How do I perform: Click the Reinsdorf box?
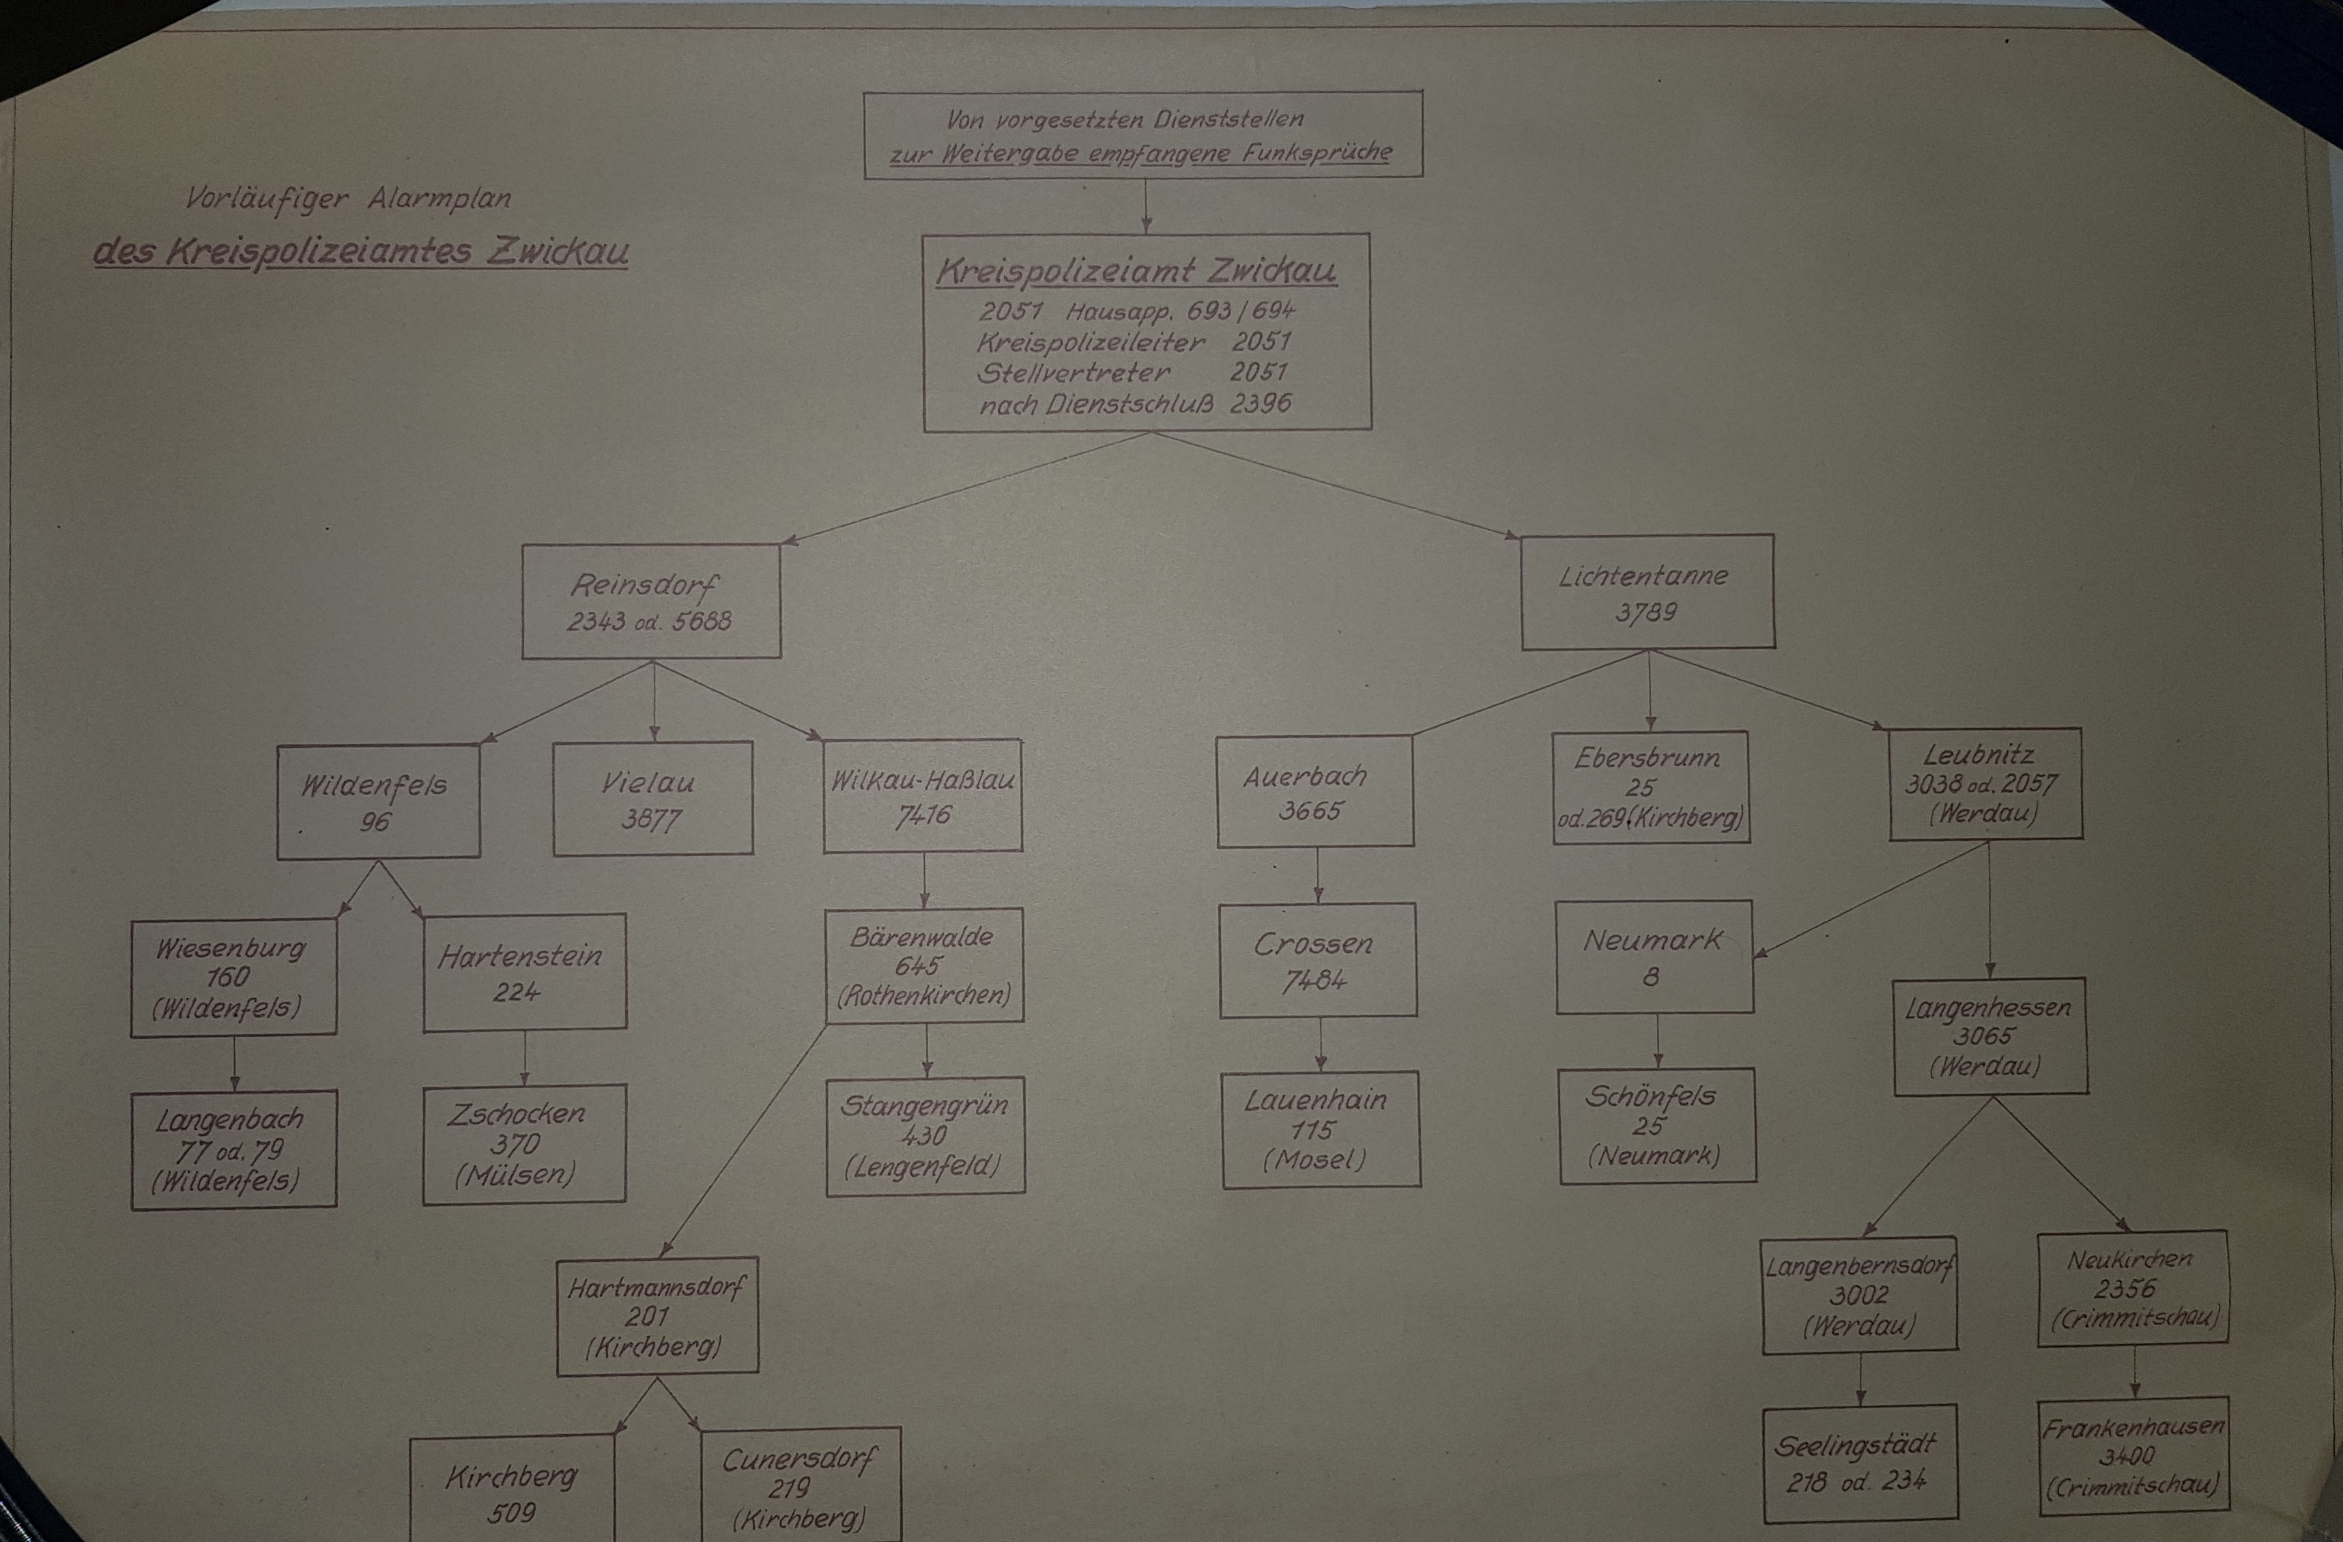coord(650,601)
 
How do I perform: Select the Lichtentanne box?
coord(1648,592)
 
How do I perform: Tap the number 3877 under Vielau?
coord(650,818)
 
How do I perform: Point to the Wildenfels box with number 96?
coord(378,801)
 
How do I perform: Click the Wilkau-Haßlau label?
coord(923,780)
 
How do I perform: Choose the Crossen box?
coord(1317,960)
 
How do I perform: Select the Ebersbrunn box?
coord(1651,788)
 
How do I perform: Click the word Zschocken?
coord(516,1114)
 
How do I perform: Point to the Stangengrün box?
coord(925,1137)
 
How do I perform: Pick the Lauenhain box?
coord(1321,1130)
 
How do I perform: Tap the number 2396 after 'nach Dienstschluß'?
coord(1259,403)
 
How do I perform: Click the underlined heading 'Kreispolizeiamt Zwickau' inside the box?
coord(1136,271)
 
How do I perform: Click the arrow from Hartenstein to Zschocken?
coord(523,1057)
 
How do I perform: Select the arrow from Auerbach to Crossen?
coord(1317,875)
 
